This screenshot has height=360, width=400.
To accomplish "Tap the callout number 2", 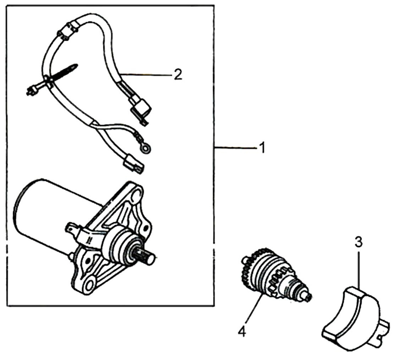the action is (x=178, y=74).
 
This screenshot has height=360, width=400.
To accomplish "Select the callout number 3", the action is (x=359, y=242).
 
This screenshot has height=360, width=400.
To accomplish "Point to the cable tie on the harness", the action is (x=51, y=79).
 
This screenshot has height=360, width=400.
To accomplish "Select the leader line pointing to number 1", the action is (x=235, y=148).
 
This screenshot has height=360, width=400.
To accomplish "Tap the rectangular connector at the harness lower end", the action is (x=133, y=164).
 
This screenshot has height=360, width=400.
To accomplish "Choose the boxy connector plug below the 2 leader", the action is (x=140, y=108).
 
